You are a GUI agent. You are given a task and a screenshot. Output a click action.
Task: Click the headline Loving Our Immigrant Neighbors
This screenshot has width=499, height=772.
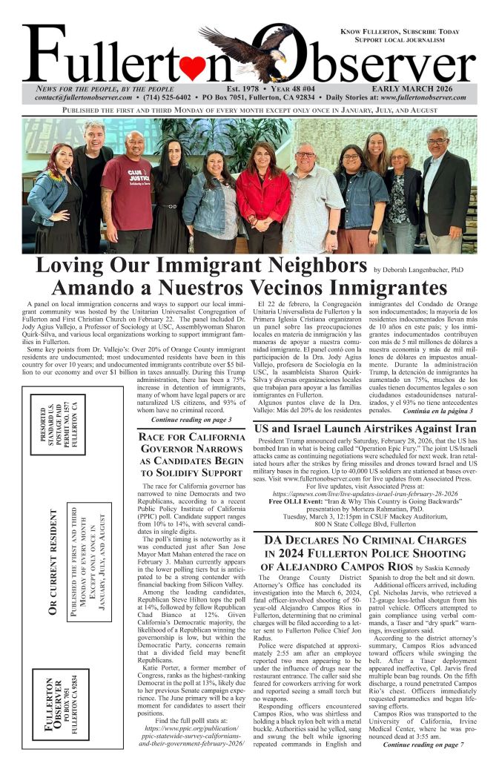click(201, 266)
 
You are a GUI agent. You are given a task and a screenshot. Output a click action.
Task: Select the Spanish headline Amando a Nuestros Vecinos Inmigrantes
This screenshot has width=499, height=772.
click(249, 288)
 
